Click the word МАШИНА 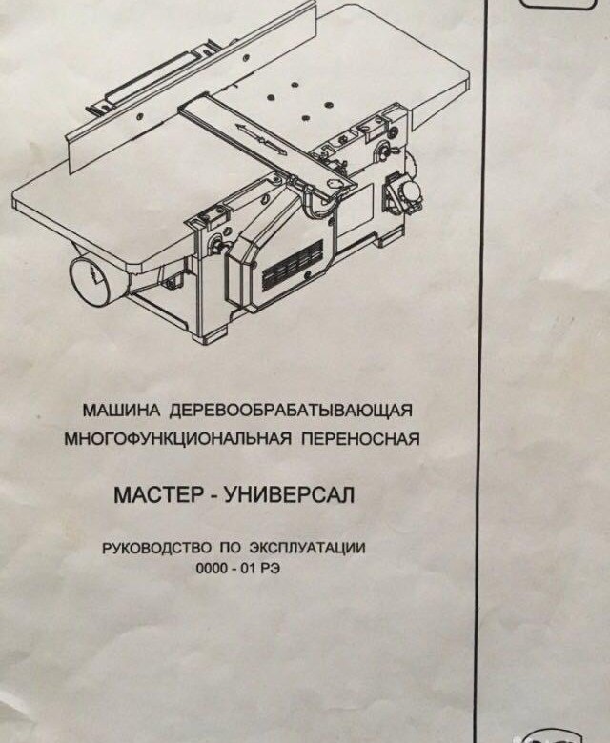click(121, 410)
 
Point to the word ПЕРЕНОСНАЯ click(360, 439)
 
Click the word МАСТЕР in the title click(158, 495)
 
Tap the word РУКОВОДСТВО click(157, 549)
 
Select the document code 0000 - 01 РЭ click(237, 568)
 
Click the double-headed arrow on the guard click(261, 138)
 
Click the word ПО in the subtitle click(231, 549)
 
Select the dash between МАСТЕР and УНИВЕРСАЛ click(213, 497)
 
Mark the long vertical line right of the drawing click(484, 371)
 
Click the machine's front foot click(212, 333)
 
